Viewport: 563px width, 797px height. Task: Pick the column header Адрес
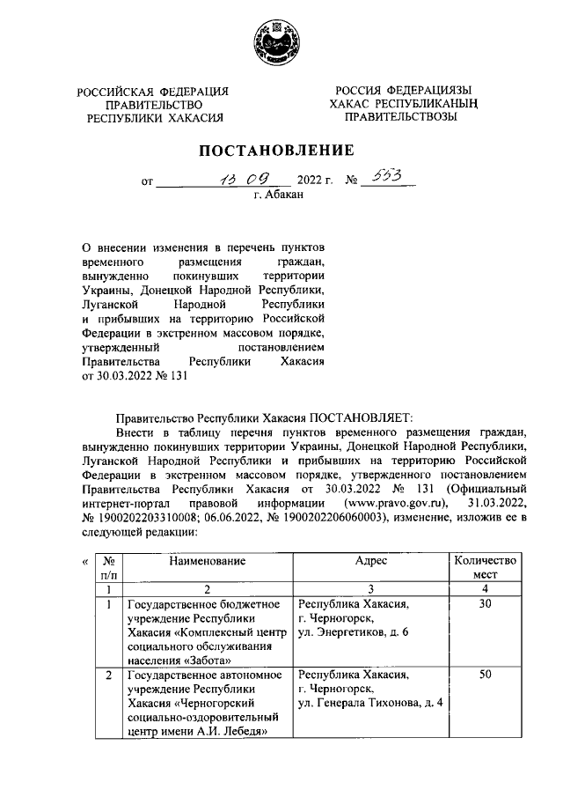pos(370,560)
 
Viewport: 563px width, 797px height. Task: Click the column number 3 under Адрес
pos(370,588)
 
